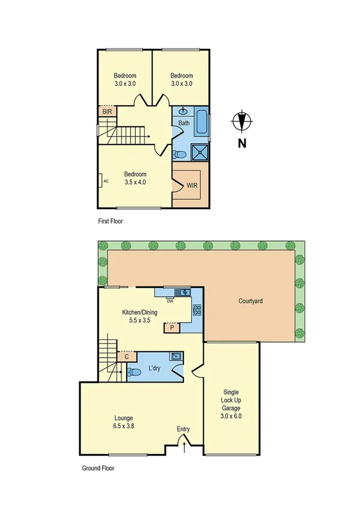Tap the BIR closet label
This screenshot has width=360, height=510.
tap(107, 112)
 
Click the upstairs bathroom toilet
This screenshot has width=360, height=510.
tap(179, 155)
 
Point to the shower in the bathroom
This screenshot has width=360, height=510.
tap(201, 152)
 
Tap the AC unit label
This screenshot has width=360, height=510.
tap(105, 180)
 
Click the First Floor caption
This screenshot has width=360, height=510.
tap(114, 221)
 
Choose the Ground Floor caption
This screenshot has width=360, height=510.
tap(98, 467)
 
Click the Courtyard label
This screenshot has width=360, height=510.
tap(253, 301)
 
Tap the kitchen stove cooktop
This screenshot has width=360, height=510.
tap(197, 310)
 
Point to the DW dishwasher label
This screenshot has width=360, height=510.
tap(170, 301)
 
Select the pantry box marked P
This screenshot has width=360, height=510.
tap(172, 328)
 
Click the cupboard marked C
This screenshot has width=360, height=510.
tap(126, 357)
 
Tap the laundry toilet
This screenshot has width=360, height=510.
tap(132, 372)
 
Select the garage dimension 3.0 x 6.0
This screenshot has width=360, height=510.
tap(231, 416)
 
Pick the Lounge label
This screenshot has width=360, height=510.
tap(123, 418)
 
